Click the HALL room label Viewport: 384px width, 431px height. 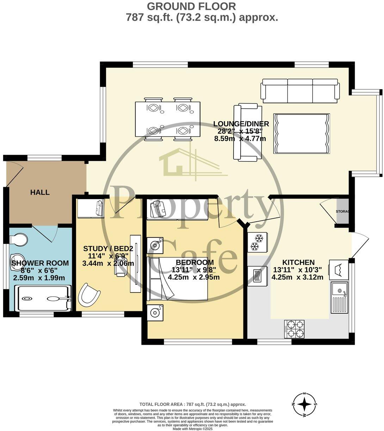[x=40, y=192]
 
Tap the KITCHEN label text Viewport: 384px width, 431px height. [x=298, y=263]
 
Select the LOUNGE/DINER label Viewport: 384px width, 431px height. [x=241, y=124]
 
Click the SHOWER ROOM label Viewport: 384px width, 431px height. [x=40, y=263]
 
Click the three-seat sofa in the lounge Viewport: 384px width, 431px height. [x=300, y=89]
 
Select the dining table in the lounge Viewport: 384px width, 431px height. [x=168, y=119]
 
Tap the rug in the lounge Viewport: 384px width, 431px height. [x=302, y=134]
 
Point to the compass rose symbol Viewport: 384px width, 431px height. [x=305, y=404]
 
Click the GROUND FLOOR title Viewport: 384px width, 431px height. [x=191, y=6]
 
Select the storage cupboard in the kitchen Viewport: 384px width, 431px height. [x=342, y=211]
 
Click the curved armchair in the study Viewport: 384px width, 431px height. [x=88, y=294]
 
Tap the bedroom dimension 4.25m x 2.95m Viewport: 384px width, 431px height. [x=194, y=277]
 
